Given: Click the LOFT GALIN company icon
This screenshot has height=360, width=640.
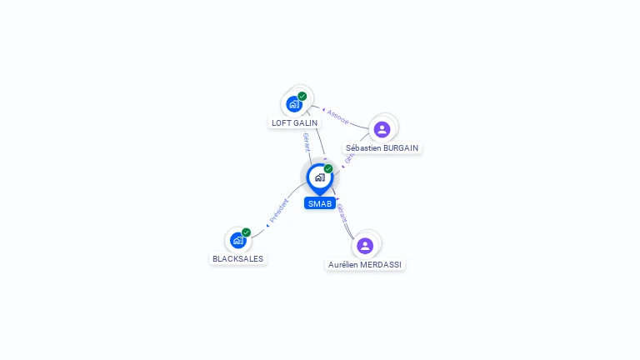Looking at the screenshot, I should click(x=293, y=104).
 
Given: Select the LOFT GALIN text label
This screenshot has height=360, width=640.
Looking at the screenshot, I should click(x=294, y=122).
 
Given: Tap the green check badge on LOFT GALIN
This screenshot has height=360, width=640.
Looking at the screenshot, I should click(x=302, y=97).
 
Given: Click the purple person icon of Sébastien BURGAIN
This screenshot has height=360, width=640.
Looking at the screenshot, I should click(x=382, y=129).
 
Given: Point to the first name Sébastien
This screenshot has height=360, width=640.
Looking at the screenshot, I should click(x=362, y=147).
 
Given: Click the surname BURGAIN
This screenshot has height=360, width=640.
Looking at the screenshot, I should click(x=400, y=147).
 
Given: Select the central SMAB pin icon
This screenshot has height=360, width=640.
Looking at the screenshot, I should click(x=319, y=177).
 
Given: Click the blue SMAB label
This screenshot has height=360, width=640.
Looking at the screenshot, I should click(x=320, y=203).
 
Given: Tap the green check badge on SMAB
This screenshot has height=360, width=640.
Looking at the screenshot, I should click(x=328, y=169).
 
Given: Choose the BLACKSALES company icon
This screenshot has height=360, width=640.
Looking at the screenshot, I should click(x=237, y=240).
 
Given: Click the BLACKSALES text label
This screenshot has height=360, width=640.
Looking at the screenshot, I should click(x=237, y=258).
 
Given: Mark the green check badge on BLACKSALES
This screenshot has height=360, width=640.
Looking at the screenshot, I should click(x=247, y=232).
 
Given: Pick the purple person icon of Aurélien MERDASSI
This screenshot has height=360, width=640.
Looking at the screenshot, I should click(x=365, y=246).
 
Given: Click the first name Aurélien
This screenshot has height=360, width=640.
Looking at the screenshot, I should click(x=345, y=264).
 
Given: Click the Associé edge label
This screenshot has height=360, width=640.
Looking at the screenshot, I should click(x=338, y=117).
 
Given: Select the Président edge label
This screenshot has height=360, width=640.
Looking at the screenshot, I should click(x=279, y=210).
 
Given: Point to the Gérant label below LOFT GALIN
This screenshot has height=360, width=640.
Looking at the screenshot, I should click(x=307, y=142).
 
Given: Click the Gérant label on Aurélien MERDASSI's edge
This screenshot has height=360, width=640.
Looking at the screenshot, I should click(x=342, y=213).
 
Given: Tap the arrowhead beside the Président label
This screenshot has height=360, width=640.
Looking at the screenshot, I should click(x=267, y=225).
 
